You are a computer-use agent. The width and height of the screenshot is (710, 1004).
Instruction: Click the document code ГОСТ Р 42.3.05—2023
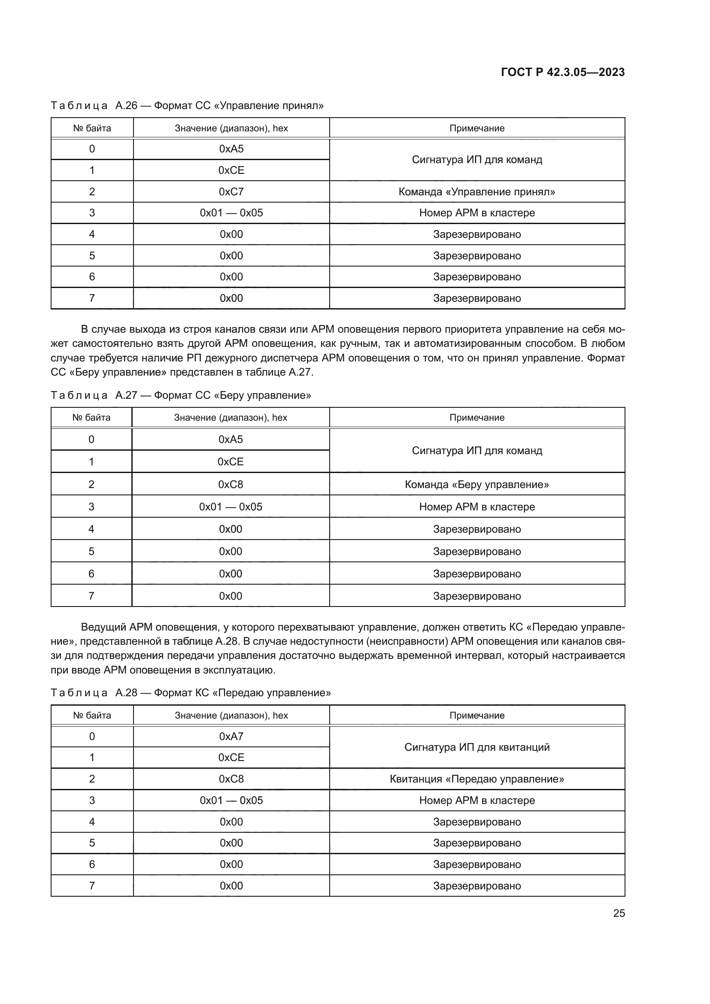pyautogui.click(x=562, y=72)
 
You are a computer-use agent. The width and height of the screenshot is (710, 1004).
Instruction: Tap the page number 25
pyautogui.click(x=619, y=913)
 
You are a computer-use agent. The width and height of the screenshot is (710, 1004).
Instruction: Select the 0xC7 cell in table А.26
pyautogui.click(x=231, y=191)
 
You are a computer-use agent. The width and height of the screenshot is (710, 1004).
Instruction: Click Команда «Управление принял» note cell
pyautogui.click(x=476, y=191)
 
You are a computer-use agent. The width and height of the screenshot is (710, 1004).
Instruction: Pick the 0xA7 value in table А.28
pyautogui.click(x=231, y=737)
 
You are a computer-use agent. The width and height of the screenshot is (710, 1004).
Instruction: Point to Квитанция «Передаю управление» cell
pyautogui.click(x=476, y=779)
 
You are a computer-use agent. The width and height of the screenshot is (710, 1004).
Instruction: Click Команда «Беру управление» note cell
pyautogui.click(x=476, y=484)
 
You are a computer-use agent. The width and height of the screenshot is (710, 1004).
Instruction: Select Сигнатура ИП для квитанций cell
pyautogui.click(x=476, y=747)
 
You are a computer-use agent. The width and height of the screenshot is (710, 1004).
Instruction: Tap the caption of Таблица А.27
pyautogui.click(x=181, y=395)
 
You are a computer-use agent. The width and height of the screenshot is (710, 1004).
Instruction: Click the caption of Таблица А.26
pyautogui.click(x=187, y=106)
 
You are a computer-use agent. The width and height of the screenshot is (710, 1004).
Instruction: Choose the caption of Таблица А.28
pyautogui.click(x=190, y=693)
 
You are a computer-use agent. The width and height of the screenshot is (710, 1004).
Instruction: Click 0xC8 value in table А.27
pyautogui.click(x=231, y=484)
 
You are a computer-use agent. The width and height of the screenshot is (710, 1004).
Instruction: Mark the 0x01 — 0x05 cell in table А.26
pyautogui.click(x=231, y=213)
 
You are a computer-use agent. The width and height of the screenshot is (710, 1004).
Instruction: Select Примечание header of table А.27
pyautogui.click(x=476, y=418)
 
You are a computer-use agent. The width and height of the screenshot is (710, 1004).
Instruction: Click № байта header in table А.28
pyautogui.click(x=92, y=716)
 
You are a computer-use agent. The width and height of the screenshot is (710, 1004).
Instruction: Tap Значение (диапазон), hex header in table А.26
pyautogui.click(x=231, y=128)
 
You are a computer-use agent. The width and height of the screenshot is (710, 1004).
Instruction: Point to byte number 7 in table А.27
pyautogui.click(x=91, y=596)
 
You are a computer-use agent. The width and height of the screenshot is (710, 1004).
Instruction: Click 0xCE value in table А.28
pyautogui.click(x=231, y=757)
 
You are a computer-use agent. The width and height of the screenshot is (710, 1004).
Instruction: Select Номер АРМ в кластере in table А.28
pyautogui.click(x=476, y=800)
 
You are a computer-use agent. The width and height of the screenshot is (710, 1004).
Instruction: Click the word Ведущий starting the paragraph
pyautogui.click(x=103, y=627)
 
